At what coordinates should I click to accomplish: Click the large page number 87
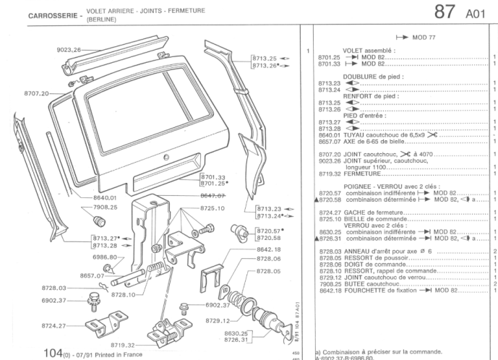coord(444,13)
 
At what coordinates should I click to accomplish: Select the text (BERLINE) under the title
coord(101,20)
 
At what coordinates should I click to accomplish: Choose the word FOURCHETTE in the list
coord(366,291)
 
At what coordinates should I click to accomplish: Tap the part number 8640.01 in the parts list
coord(329,135)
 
